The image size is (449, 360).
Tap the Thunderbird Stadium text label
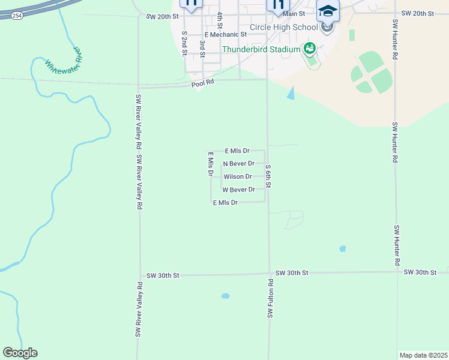[x=261, y=49]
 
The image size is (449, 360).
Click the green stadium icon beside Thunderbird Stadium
[x=310, y=48]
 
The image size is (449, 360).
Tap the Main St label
[x=294, y=13]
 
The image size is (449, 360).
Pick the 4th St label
[x=220, y=20]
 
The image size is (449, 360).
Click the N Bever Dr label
[x=239, y=163]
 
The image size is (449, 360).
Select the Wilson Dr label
[x=238, y=176]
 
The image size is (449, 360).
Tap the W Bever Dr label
[x=239, y=190]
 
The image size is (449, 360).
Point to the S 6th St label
[x=270, y=176]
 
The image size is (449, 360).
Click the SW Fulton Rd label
[x=271, y=299]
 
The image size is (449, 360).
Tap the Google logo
[x=20, y=353]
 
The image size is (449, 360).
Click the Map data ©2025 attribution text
[x=423, y=355]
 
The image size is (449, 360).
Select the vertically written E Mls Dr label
[x=211, y=164]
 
